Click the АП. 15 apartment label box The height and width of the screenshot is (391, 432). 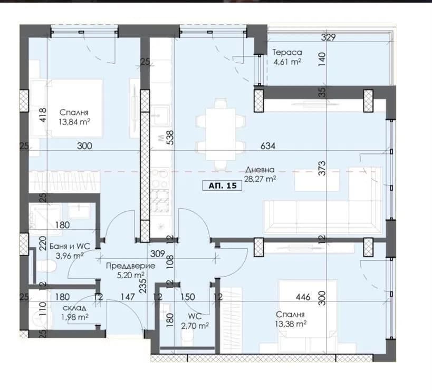(223, 185)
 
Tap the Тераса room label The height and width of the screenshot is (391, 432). (287, 52)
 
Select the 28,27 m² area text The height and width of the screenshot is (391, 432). (260, 179)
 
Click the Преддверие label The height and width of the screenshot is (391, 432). (131, 266)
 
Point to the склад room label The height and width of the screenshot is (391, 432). (74, 308)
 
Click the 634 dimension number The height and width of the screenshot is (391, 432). (268, 146)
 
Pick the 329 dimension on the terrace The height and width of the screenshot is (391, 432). (328, 37)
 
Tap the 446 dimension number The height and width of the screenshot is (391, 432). (303, 297)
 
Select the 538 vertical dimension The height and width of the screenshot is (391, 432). (170, 138)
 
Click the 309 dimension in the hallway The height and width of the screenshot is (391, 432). (157, 253)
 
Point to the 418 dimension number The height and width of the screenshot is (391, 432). (43, 115)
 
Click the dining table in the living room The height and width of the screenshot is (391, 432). (220, 134)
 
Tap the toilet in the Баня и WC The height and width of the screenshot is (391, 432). (47, 266)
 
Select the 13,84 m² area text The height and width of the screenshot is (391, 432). (74, 122)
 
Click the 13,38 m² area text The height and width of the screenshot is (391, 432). (291, 324)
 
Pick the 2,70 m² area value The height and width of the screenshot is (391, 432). (195, 326)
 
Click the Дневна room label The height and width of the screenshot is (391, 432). (260, 170)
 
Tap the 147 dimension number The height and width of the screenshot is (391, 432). (128, 297)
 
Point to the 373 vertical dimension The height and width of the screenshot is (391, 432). (322, 169)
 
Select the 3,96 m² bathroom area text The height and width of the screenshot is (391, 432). (70, 256)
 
